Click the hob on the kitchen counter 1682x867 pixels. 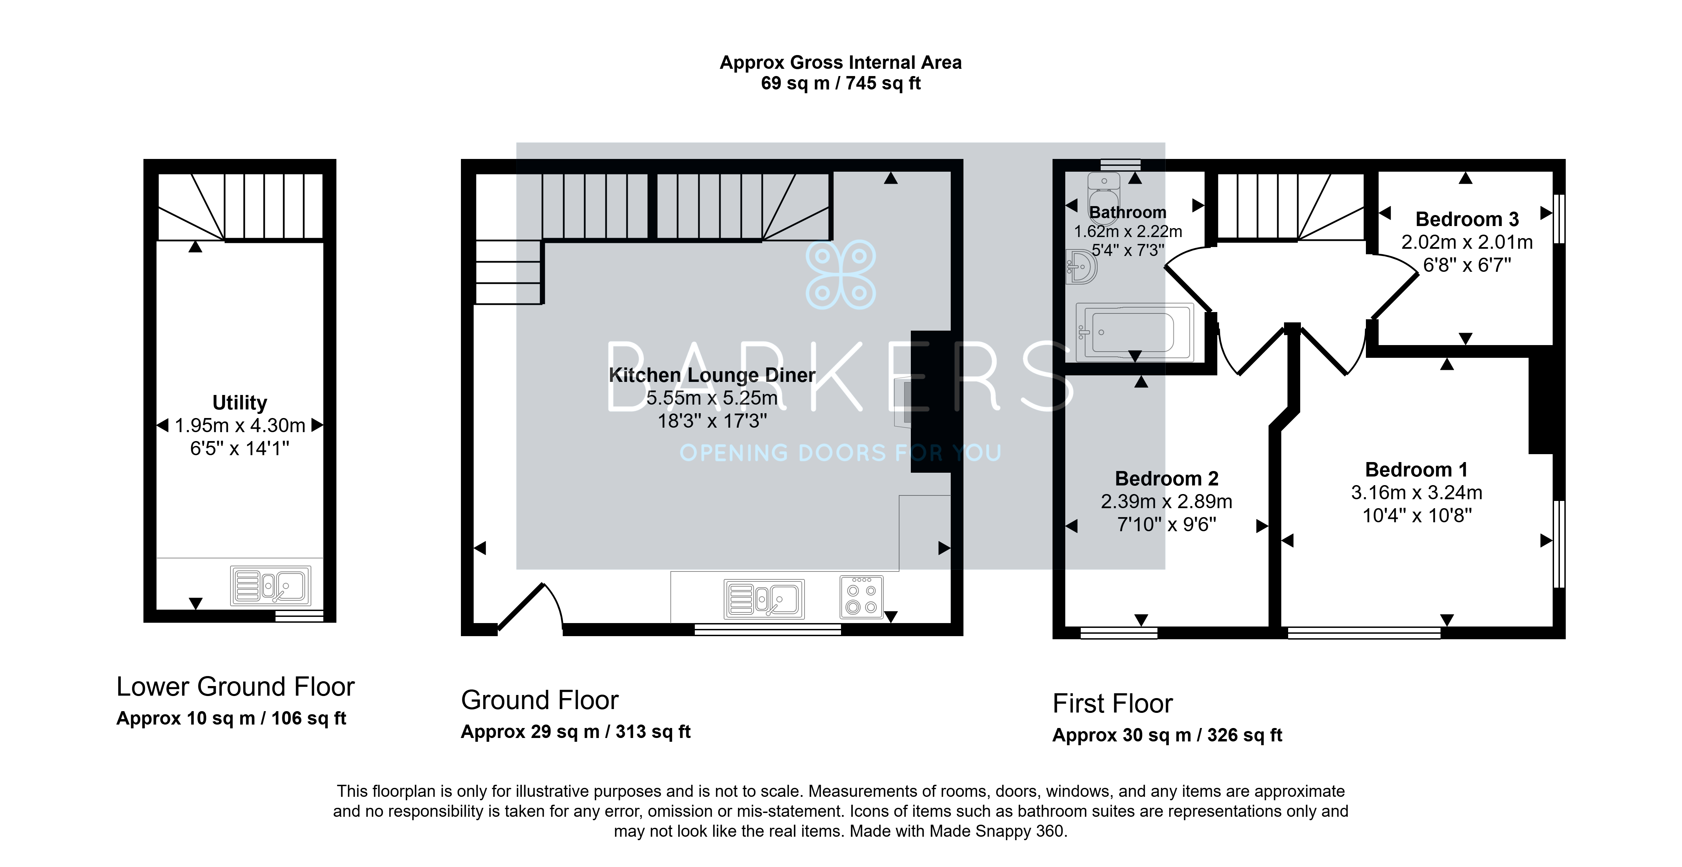pyautogui.click(x=861, y=597)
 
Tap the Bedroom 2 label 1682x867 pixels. pyautogui.click(x=1166, y=479)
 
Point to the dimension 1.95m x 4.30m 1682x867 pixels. pyautogui.click(x=240, y=426)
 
